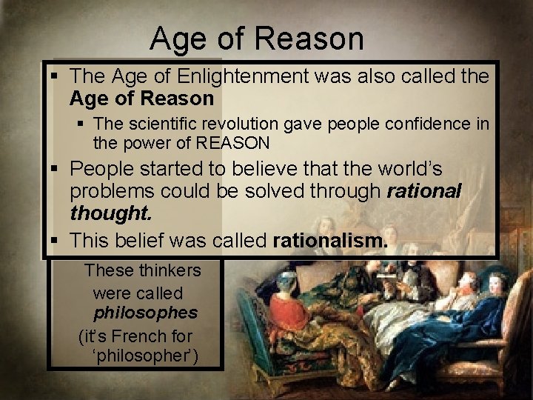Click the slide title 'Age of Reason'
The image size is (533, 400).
click(257, 39)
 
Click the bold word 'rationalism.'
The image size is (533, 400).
click(330, 241)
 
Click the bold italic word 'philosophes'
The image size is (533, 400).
click(145, 313)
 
